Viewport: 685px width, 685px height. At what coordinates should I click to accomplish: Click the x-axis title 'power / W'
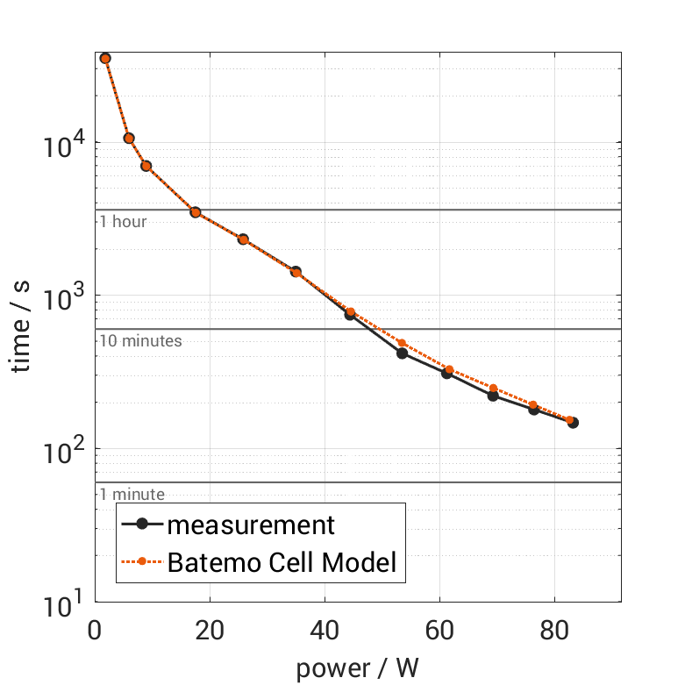point(358,668)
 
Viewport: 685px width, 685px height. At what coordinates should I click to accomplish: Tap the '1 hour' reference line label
point(123,222)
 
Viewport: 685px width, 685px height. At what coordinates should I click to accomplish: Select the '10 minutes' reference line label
point(140,341)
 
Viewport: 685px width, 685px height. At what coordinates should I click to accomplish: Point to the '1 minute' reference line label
point(132,495)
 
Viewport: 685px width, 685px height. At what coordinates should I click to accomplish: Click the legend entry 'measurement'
point(251,525)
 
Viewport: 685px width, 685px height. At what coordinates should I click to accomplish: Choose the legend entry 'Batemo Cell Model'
point(282,562)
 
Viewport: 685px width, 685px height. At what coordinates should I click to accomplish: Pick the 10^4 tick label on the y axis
point(63,144)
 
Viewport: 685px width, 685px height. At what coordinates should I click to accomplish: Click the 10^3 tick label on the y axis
point(63,297)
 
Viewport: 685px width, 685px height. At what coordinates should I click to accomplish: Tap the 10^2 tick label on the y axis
point(63,450)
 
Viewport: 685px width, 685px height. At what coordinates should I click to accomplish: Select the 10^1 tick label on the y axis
point(63,603)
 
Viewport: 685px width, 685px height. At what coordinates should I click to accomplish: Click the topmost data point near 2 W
point(105,58)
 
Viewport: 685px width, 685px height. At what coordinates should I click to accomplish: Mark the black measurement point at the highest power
point(573,423)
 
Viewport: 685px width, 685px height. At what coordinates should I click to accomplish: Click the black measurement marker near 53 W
point(402,353)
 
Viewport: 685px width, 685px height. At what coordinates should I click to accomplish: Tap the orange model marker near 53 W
point(402,343)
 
